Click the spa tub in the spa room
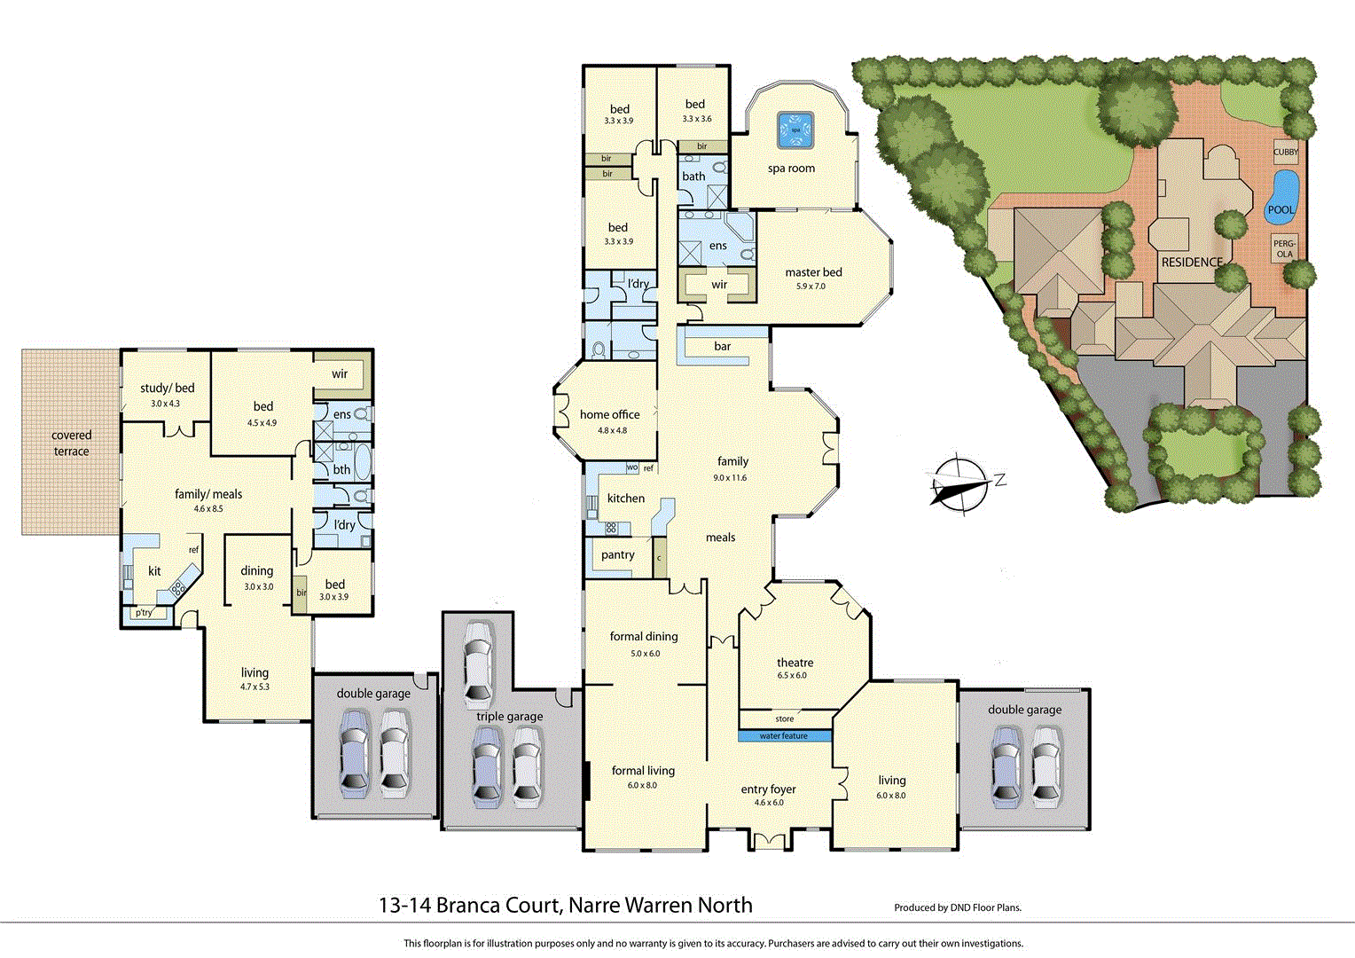point(795,130)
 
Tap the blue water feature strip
point(784,735)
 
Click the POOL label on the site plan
point(1281,209)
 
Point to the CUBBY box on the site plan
point(1286,152)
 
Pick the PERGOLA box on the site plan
point(1284,248)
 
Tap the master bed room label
point(813,272)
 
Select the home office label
point(609,414)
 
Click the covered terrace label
point(71,443)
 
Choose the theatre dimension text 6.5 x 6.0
point(792,676)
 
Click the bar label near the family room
point(723,346)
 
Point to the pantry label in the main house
point(617,554)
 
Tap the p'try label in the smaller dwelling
point(144,613)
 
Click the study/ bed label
point(167,388)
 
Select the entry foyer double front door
point(768,841)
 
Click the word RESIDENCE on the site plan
point(1192,262)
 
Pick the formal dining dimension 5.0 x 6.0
point(645,654)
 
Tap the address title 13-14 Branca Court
point(565,905)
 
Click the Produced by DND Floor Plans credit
point(958,907)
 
